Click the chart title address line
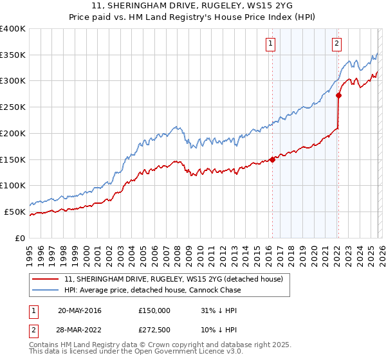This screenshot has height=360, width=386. (x=193, y=4)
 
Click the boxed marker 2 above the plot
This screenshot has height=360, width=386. (x=336, y=44)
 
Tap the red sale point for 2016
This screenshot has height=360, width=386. (x=272, y=159)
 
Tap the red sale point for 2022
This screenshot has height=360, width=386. (x=338, y=95)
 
